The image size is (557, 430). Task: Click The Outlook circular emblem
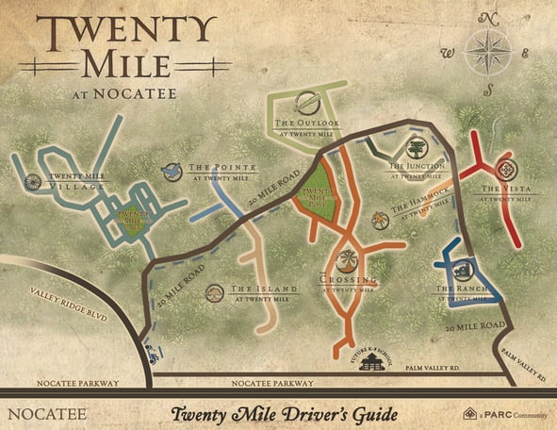tap(305, 103)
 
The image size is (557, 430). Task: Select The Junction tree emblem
tap(415, 148)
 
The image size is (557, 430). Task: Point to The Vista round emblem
tap(508, 171)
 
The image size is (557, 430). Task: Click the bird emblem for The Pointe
tap(172, 172)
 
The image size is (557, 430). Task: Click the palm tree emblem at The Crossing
tap(349, 259)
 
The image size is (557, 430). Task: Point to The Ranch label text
tap(460, 289)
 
